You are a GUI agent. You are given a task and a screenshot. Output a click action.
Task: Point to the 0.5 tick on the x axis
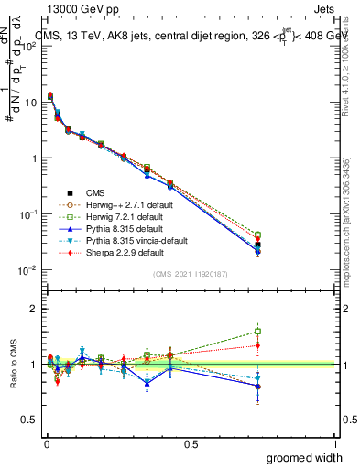[191, 442]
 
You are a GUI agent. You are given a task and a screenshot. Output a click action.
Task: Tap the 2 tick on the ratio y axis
[34, 309]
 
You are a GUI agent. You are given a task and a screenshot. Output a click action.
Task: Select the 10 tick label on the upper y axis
[30, 102]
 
